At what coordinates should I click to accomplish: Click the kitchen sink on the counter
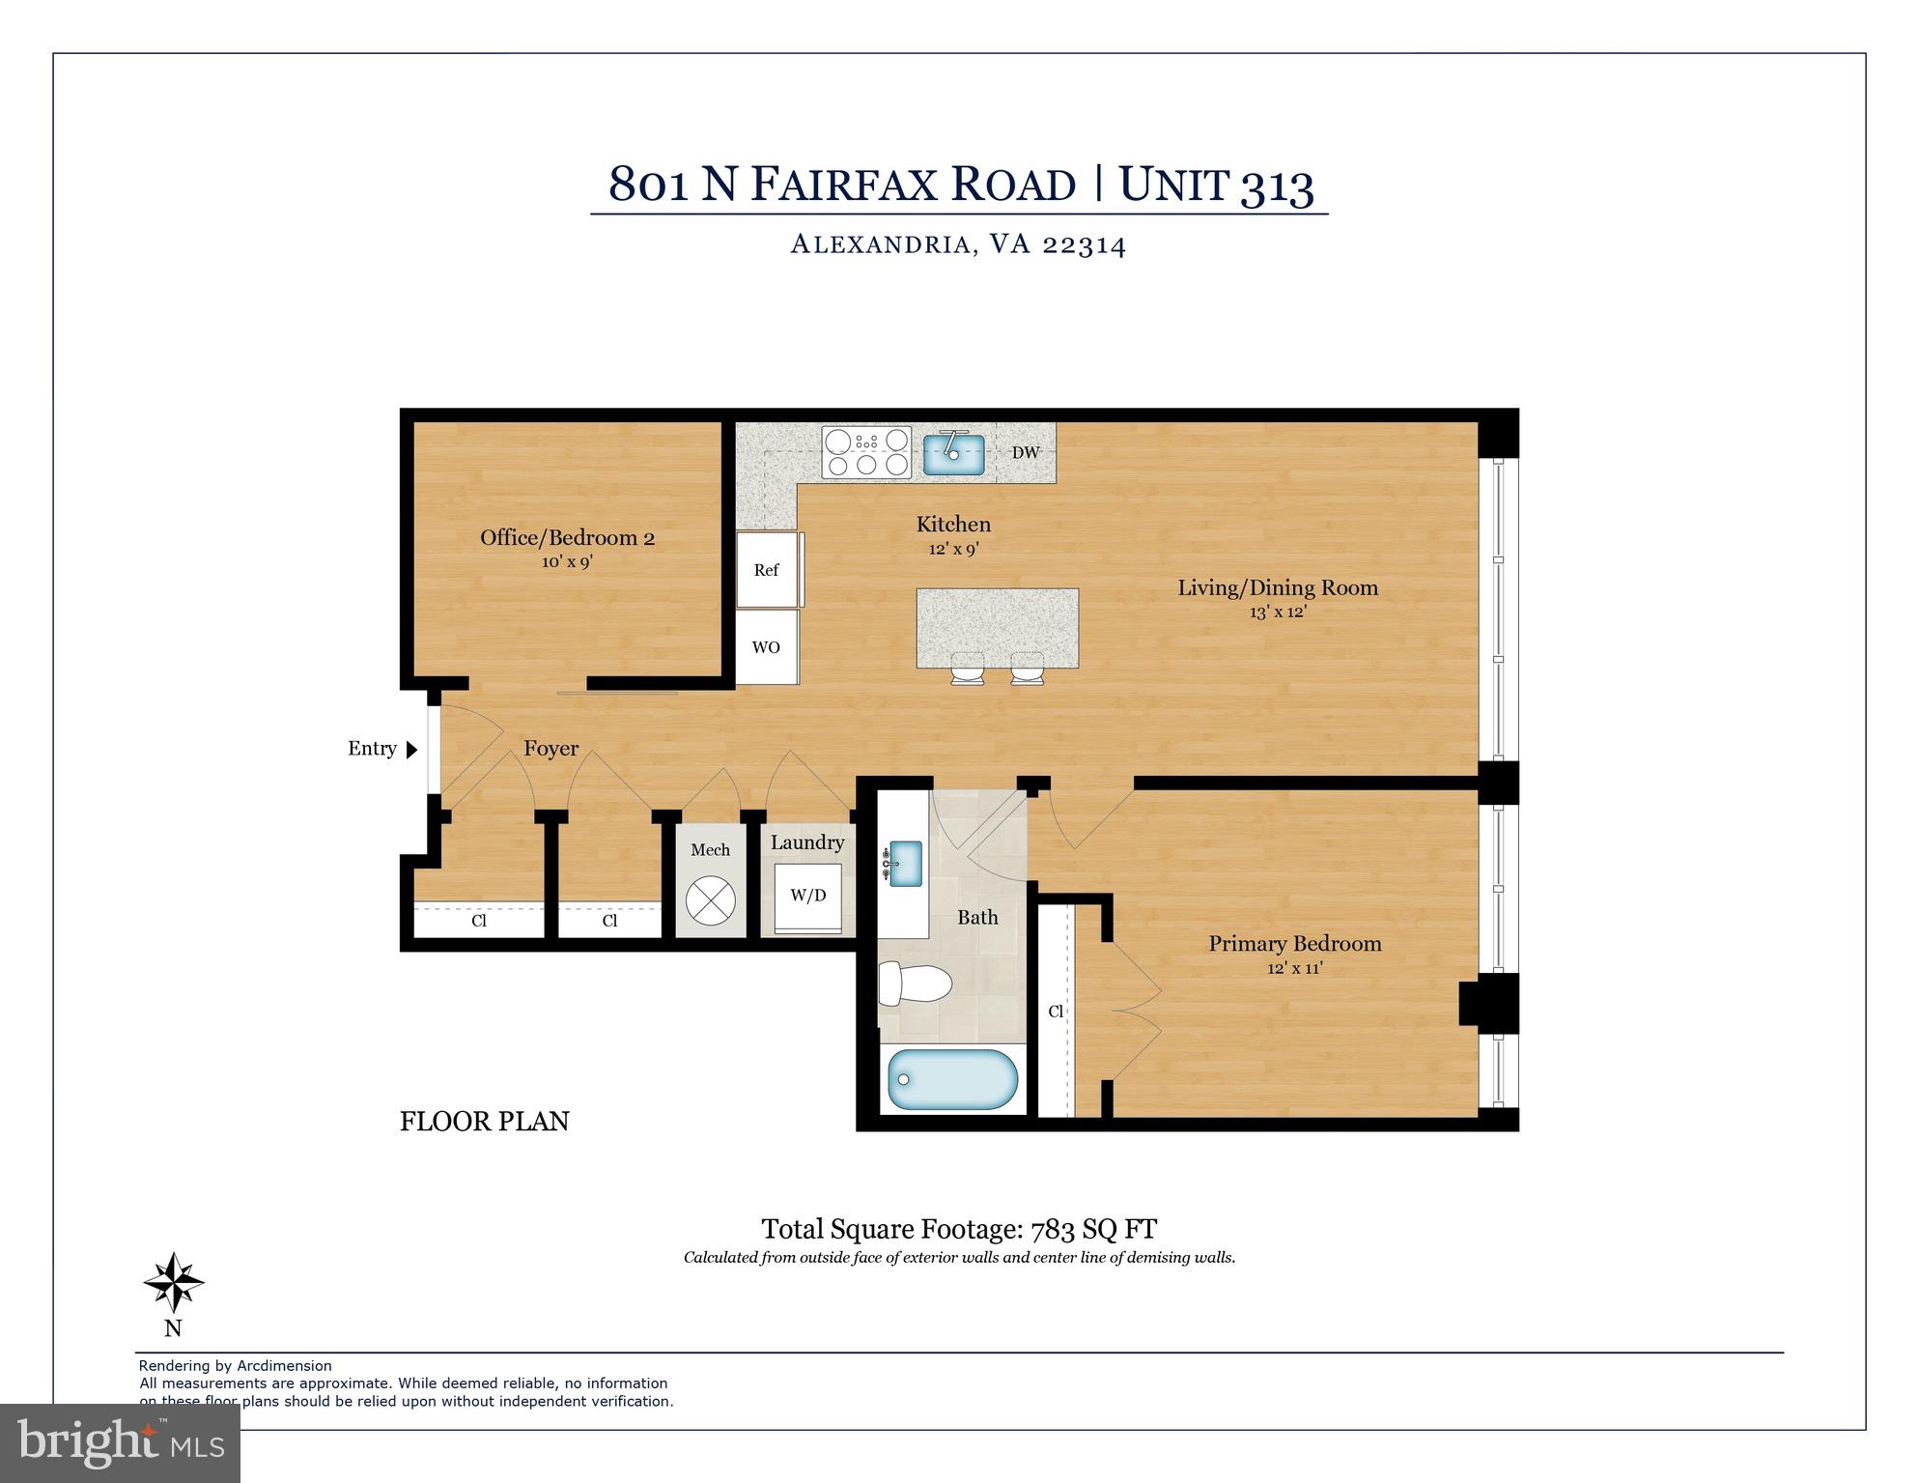953,454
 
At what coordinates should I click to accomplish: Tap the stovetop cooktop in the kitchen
866,452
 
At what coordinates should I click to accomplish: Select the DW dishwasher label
1025,452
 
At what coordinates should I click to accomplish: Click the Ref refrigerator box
767,569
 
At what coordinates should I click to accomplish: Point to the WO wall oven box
766,647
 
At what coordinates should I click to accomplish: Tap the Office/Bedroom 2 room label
567,538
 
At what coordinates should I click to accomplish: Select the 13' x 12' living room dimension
1277,612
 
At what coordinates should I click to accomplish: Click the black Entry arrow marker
411,749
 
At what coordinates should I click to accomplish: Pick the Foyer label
550,748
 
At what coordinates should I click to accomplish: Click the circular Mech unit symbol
710,900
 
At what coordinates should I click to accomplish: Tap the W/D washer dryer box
808,896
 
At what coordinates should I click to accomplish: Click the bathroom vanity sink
904,863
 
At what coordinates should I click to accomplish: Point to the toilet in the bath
915,984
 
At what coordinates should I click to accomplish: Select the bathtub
952,1079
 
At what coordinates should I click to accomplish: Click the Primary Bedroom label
1294,943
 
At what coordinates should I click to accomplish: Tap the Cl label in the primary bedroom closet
1056,1011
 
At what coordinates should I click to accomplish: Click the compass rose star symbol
174,1283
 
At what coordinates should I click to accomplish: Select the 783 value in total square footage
1055,1229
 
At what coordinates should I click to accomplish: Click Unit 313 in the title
1216,184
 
